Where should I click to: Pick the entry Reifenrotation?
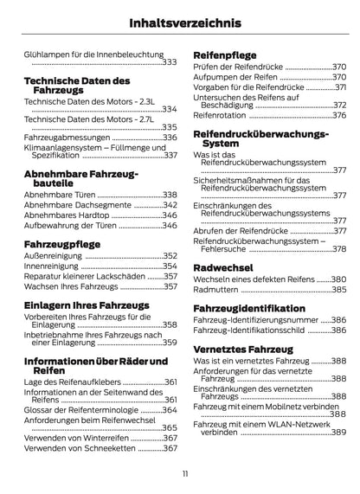coord(220,114)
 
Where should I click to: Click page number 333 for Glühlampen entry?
coord(169,62)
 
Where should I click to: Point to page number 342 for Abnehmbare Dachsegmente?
coord(169,204)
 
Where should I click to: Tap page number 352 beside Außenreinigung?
coord(169,256)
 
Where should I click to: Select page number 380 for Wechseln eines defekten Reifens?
coord(337,279)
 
